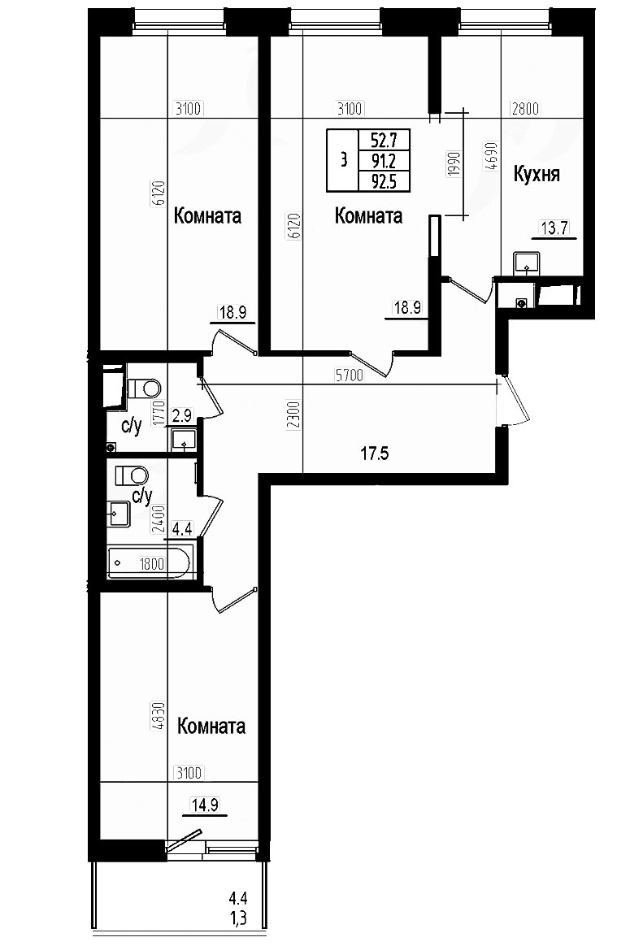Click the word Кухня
[x=536, y=174]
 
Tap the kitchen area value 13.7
[x=554, y=228]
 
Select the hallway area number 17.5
[x=374, y=453]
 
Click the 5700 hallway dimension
[x=350, y=375]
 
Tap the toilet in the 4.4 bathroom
[x=131, y=475]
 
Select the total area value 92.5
[x=384, y=181]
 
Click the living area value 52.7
[x=384, y=141]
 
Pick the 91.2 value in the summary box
[x=384, y=161]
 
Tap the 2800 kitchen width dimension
[x=525, y=109]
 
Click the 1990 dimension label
[x=454, y=163]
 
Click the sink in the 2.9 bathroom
[x=183, y=439]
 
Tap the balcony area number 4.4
[x=238, y=900]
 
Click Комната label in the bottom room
[x=211, y=726]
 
